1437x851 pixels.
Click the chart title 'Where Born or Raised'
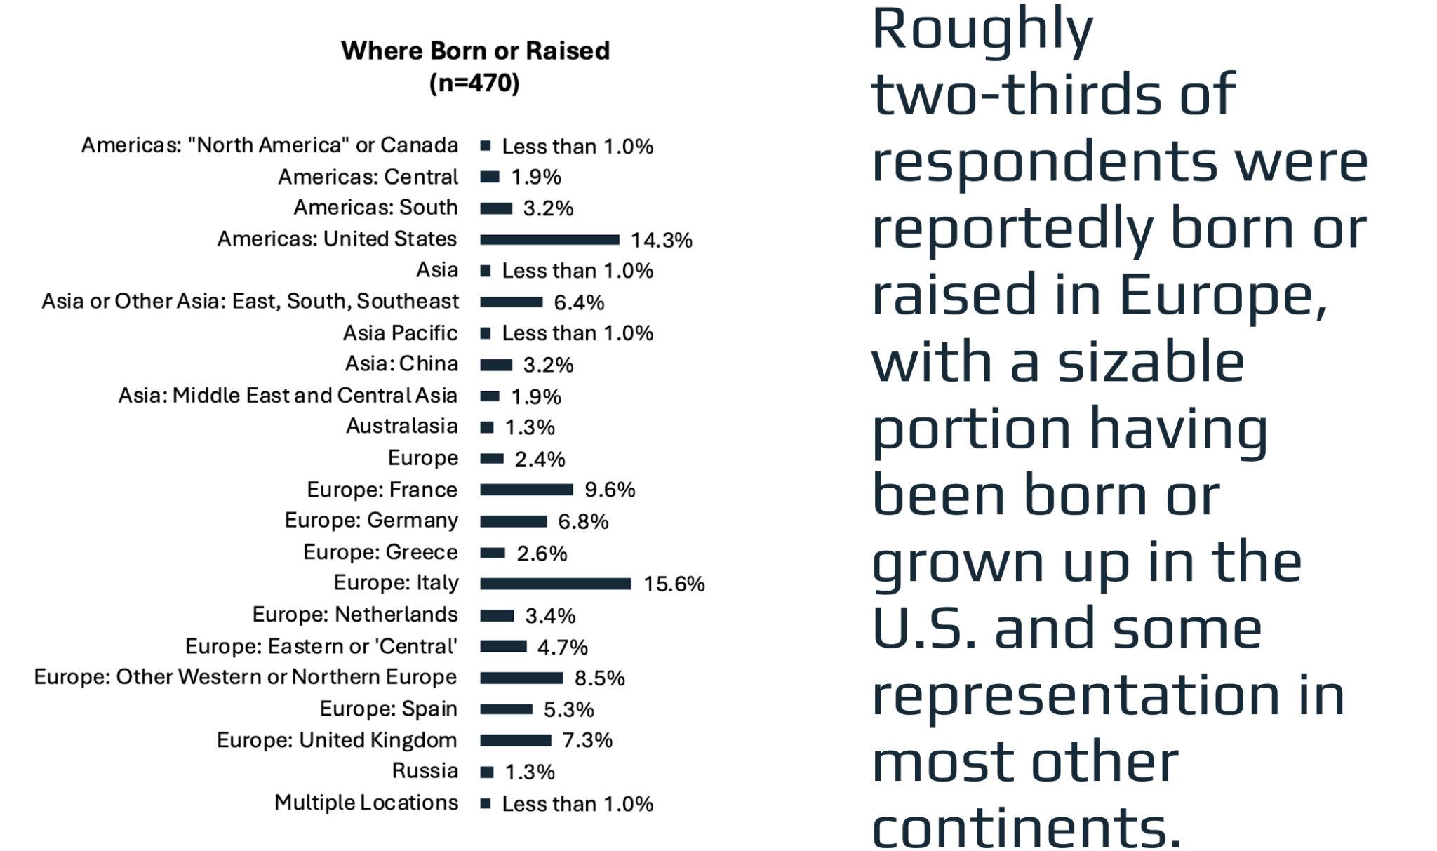pos(475,51)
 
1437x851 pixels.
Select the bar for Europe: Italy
pos(555,584)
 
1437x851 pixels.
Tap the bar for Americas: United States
pos(549,240)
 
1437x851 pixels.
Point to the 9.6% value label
pos(610,490)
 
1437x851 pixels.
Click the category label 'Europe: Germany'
pos(371,521)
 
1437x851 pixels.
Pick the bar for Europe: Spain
pos(506,709)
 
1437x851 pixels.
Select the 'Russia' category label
pos(425,771)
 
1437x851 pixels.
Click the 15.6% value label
pos(674,584)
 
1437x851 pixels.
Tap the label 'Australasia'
pos(401,427)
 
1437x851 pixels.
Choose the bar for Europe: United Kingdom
pos(516,740)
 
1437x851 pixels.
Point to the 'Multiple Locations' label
pos(366,803)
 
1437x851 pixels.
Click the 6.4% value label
pos(579,302)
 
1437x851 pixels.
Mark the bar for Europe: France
pos(526,490)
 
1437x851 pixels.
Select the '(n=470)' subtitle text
pos(474,83)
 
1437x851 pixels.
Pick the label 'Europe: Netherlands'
pos(354,615)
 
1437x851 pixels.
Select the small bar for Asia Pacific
pos(486,333)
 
